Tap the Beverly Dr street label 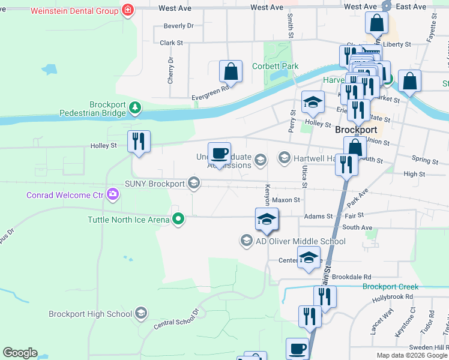(x=179, y=26)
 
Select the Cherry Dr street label (x=170, y=70)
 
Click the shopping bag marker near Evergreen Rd (x=231, y=71)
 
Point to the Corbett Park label (x=275, y=66)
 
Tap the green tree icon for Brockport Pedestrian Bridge (x=136, y=108)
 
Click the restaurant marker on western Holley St (x=139, y=142)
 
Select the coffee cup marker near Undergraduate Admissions (x=219, y=153)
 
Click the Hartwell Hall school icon (x=284, y=158)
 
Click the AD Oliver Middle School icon (x=246, y=241)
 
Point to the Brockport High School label (x=90, y=313)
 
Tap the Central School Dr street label (x=176, y=319)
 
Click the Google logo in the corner (x=20, y=353)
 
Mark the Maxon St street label (x=286, y=200)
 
